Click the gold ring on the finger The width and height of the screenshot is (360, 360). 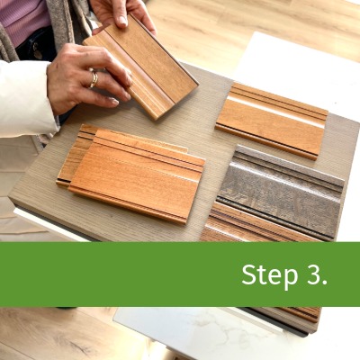coord(94,79)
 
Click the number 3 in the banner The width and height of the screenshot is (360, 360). coord(312,274)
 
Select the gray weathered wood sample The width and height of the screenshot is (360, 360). coord(281,192)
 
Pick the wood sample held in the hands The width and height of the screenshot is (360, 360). coord(141,67)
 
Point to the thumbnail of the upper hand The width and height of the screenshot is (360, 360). coord(122,21)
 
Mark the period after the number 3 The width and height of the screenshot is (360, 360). coord(324,283)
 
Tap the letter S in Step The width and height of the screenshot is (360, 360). coord(248,274)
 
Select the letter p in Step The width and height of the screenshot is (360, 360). coord(290,278)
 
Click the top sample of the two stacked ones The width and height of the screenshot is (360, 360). coord(137,176)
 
